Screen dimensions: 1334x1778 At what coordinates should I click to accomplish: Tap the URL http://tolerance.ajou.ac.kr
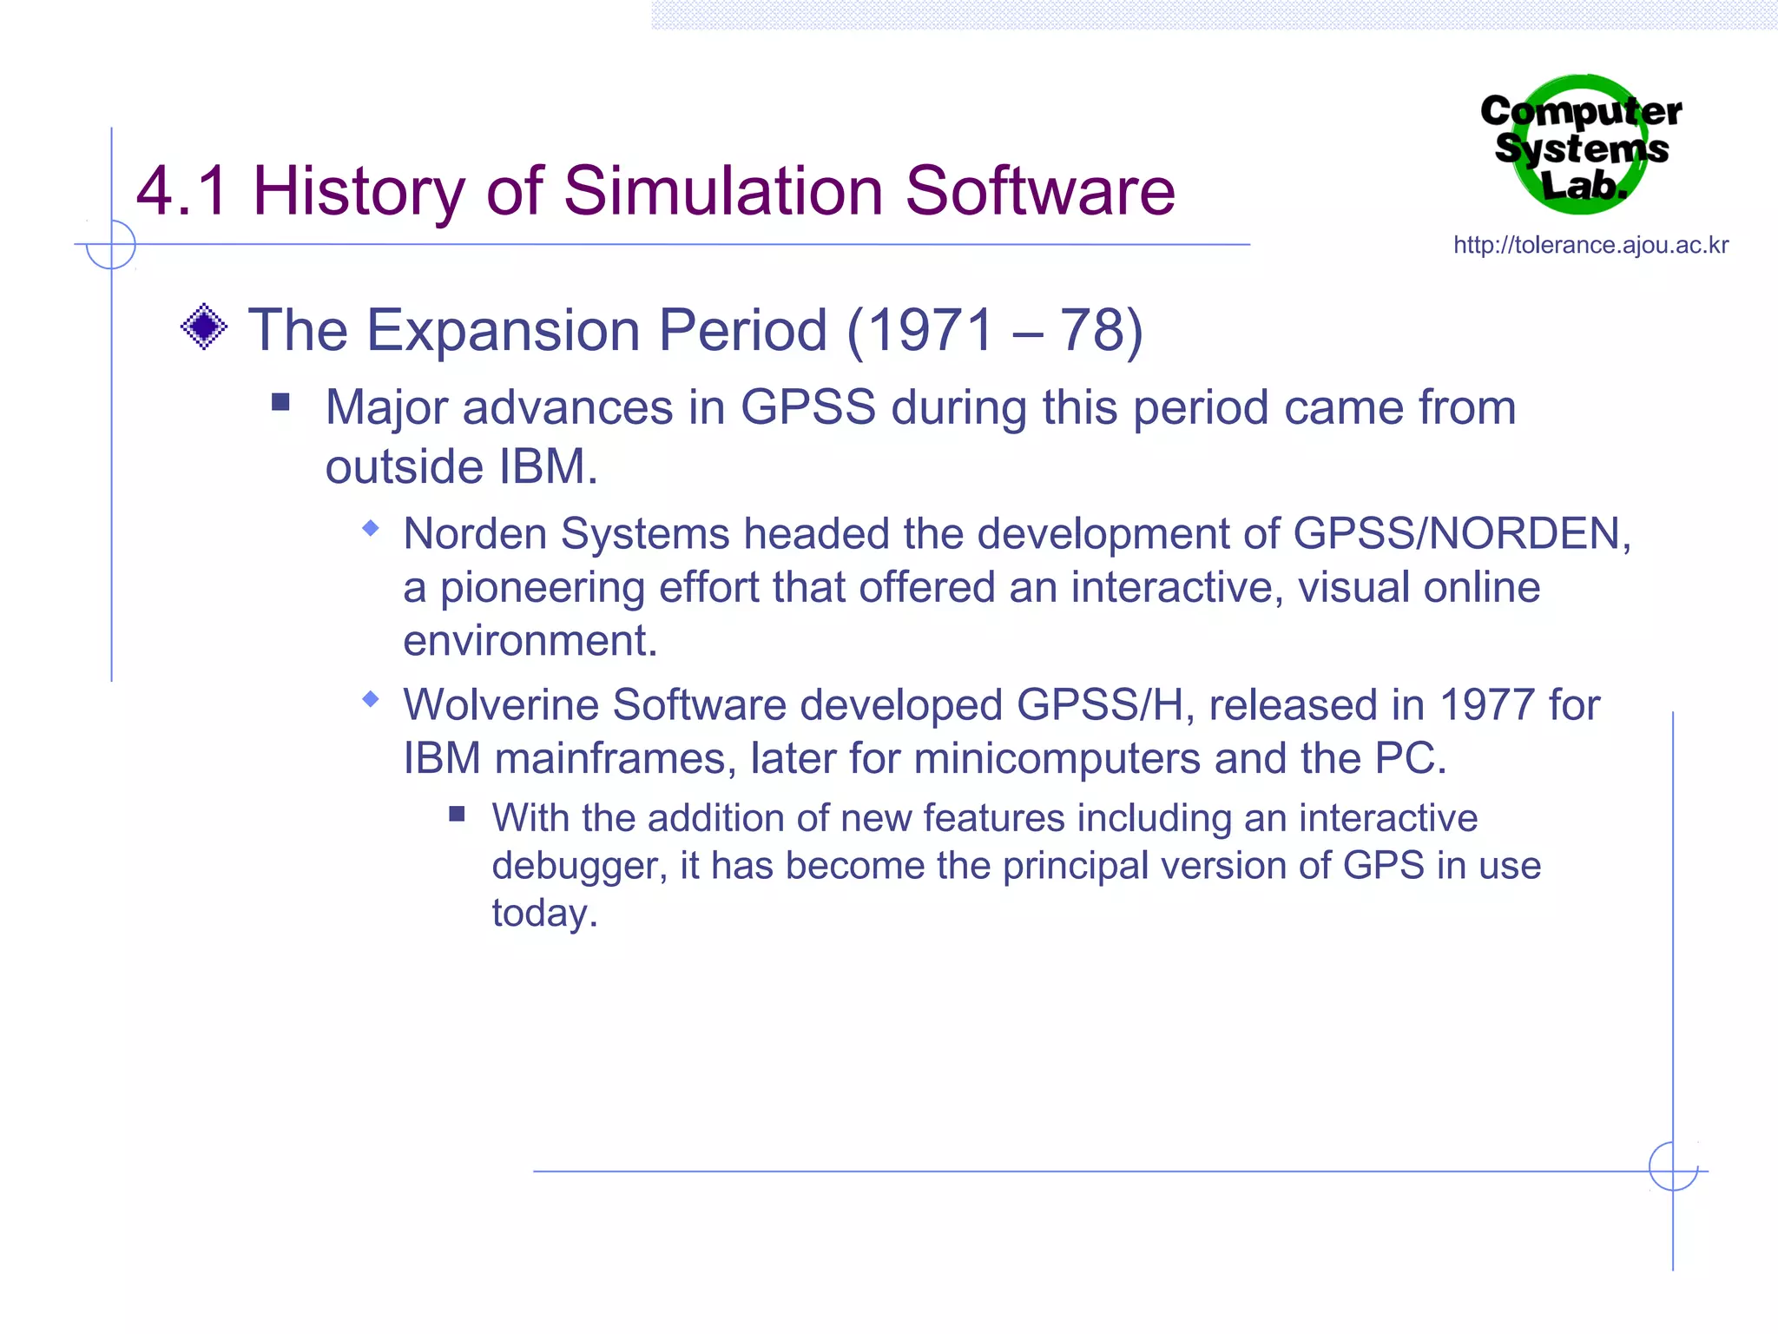coord(1590,246)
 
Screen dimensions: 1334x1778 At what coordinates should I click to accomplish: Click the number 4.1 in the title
coord(181,191)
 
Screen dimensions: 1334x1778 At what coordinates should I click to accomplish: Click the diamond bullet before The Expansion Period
coord(204,327)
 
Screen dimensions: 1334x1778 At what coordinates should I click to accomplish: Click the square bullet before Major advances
coord(280,401)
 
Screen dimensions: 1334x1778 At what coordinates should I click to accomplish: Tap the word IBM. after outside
coord(548,467)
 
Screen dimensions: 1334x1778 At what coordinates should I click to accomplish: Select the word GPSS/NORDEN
coord(1461,533)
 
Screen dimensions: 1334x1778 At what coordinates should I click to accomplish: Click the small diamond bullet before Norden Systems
coord(371,528)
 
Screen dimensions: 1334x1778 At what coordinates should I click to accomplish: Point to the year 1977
coord(1487,704)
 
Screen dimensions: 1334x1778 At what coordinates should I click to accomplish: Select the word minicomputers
coord(1057,758)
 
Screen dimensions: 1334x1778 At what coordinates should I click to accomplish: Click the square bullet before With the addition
coord(458,814)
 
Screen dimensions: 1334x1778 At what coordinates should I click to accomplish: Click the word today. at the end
coord(544,914)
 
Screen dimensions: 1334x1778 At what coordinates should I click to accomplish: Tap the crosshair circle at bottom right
coord(1673,1166)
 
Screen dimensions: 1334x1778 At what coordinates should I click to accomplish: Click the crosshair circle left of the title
coord(111,245)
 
